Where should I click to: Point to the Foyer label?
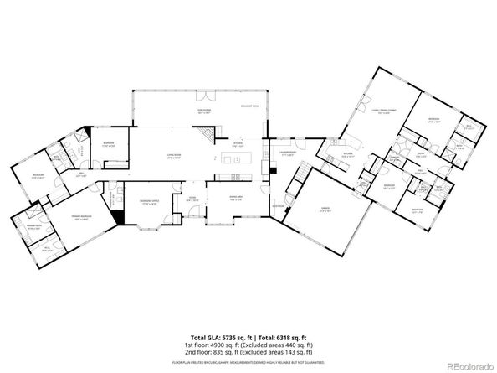coord(192,199)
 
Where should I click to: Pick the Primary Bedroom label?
coord(80,217)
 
